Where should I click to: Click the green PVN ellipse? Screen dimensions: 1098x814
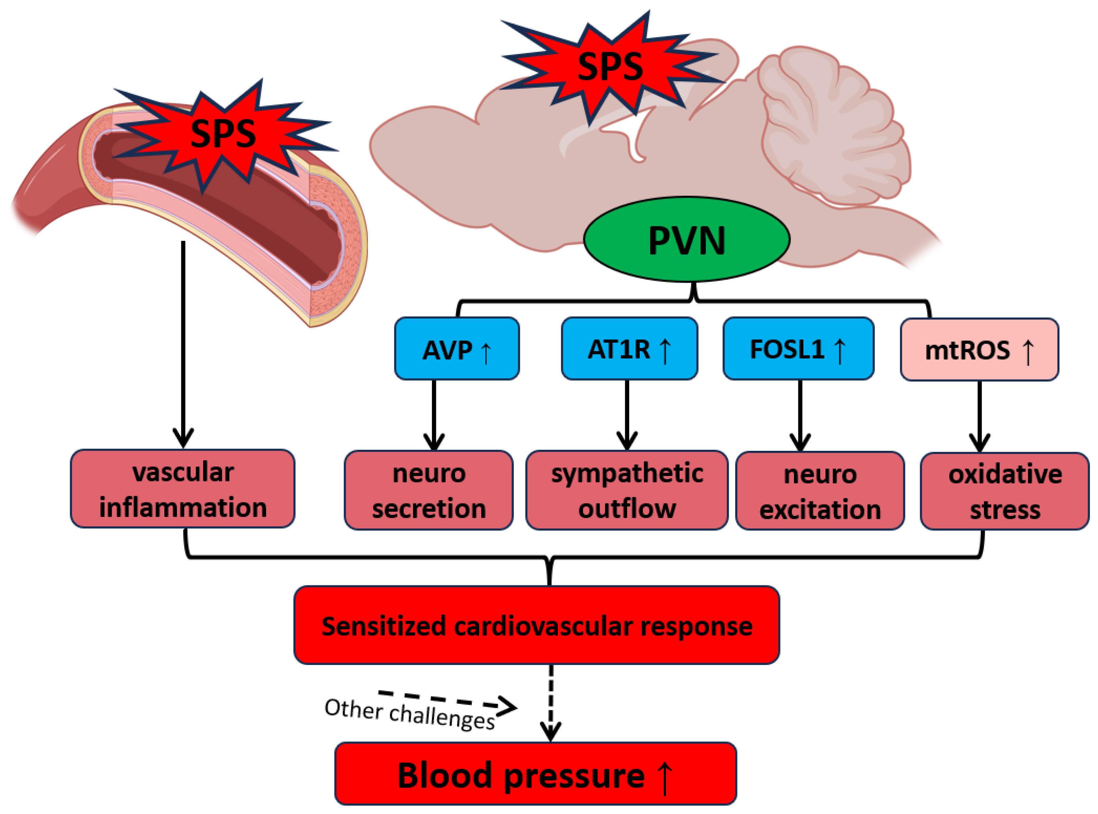[x=687, y=239]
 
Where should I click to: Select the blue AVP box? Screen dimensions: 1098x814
[x=457, y=348]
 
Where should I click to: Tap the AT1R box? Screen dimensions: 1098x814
[x=629, y=348]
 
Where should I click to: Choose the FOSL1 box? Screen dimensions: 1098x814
[x=799, y=348]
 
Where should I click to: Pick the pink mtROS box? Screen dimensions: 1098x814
[x=979, y=349]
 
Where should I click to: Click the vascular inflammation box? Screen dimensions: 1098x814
[x=183, y=488]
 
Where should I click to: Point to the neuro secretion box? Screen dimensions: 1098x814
[x=429, y=490]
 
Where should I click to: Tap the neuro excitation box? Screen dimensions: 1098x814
[x=820, y=491]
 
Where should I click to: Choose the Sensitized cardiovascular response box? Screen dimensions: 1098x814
[x=537, y=625]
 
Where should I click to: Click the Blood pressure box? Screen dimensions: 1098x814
[x=536, y=774]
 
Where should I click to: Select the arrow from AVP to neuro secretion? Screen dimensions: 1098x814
[x=434, y=415]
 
